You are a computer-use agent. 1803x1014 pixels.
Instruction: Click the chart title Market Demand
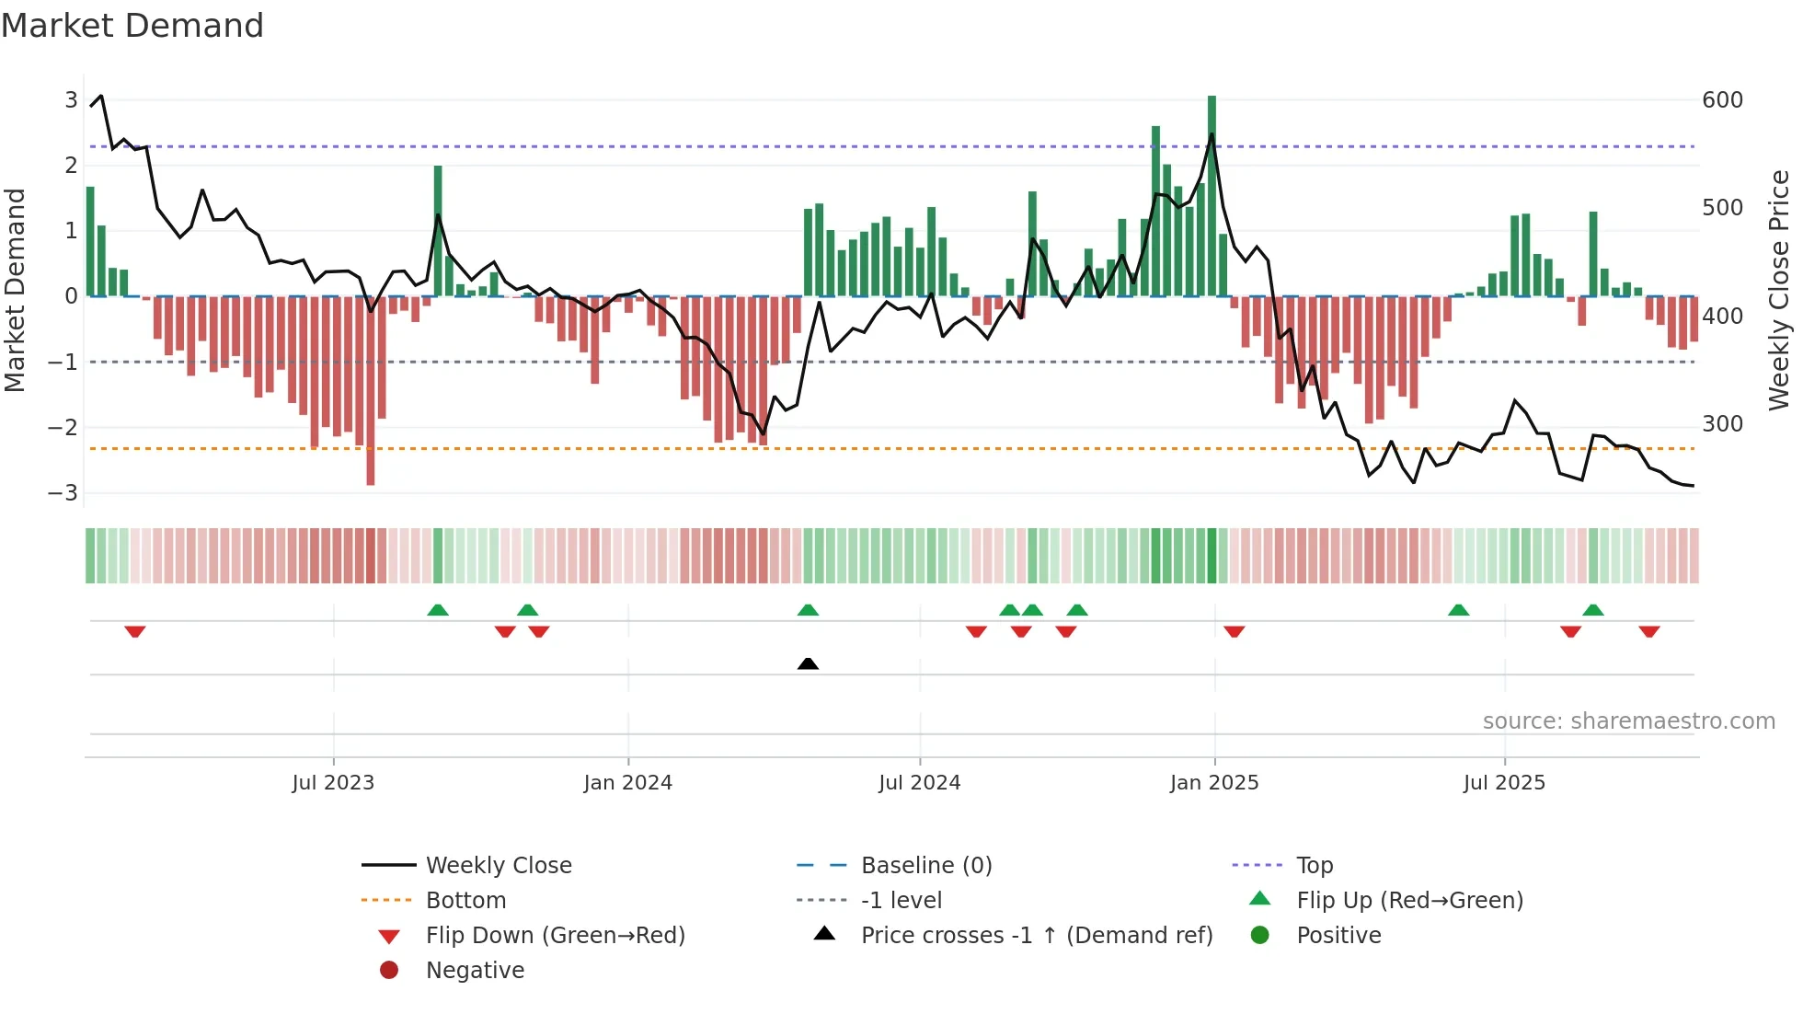[x=132, y=26]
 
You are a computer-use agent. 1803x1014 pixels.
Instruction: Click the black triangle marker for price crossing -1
[x=808, y=663]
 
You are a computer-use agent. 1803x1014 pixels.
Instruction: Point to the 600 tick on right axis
[x=1722, y=100]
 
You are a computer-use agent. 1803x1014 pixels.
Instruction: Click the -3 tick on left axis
[x=63, y=493]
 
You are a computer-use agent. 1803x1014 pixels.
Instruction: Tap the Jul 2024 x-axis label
[x=919, y=783]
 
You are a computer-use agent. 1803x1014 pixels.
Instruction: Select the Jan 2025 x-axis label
[x=1213, y=783]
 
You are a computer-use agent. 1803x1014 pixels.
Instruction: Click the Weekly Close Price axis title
[x=1779, y=290]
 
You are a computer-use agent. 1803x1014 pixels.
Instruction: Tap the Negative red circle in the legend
[x=389, y=971]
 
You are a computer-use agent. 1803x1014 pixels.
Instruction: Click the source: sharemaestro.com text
[x=1628, y=721]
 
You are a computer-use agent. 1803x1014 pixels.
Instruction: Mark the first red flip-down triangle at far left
[x=135, y=631]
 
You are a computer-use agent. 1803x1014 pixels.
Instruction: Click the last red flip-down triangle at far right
[x=1648, y=631]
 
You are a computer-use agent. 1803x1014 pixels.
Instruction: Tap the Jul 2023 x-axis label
[x=333, y=783]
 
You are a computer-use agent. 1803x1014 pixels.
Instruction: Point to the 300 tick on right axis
[x=1722, y=424]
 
